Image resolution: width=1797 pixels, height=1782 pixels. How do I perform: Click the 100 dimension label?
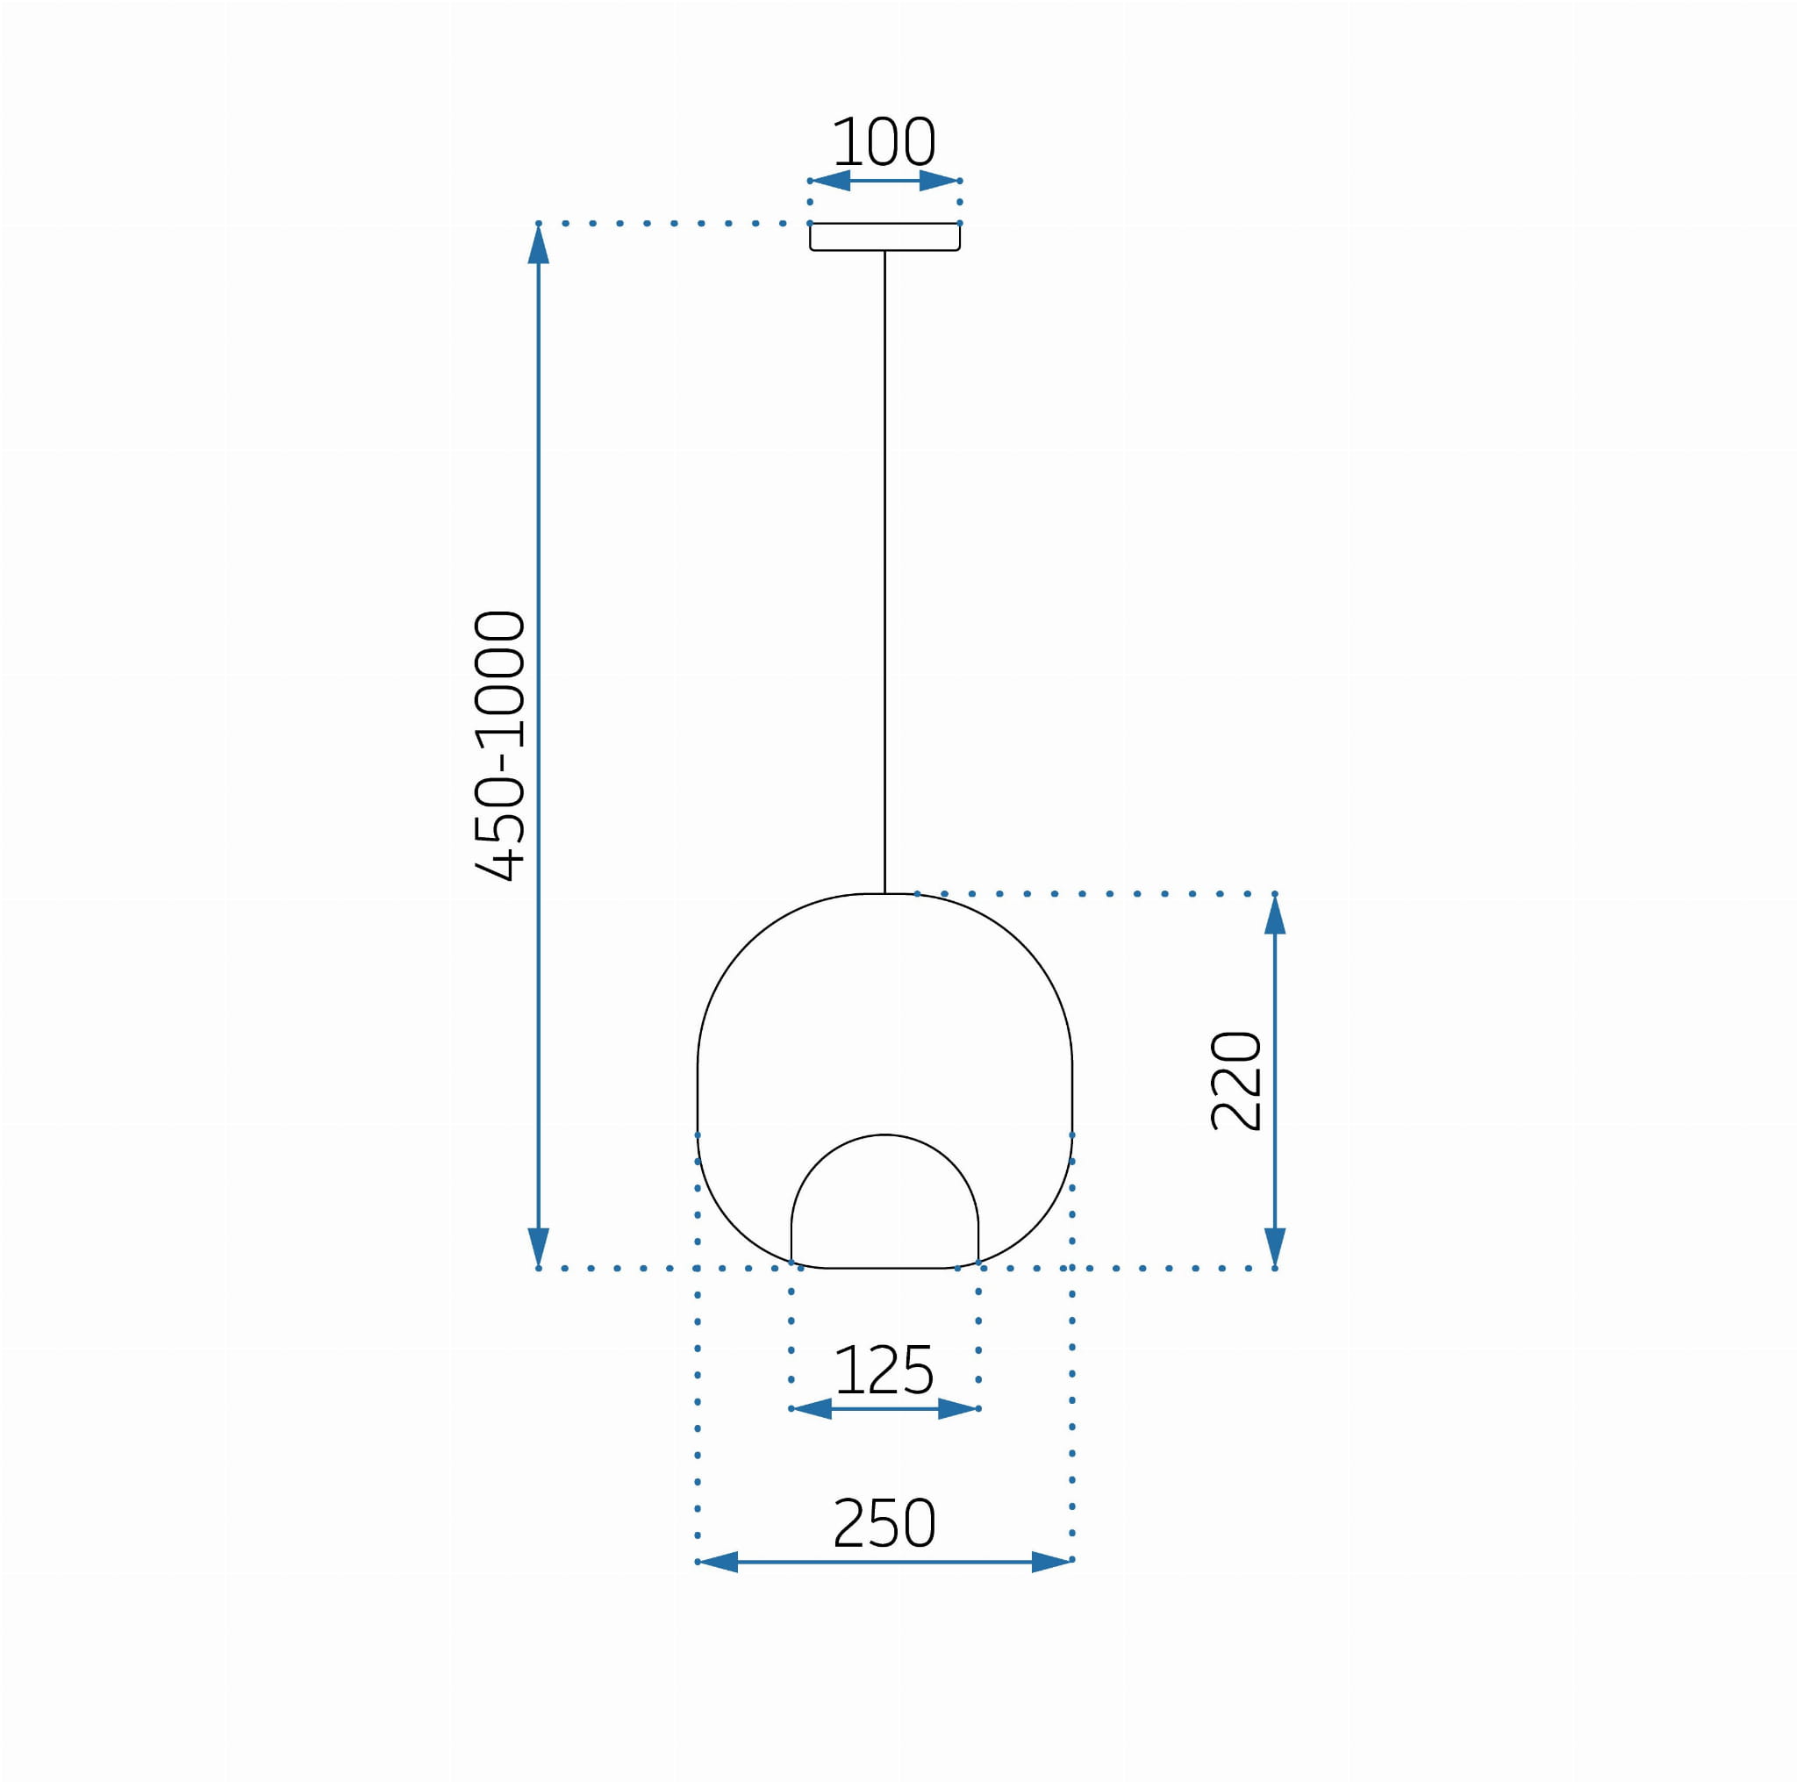point(884,141)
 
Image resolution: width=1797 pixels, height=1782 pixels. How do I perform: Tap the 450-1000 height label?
point(500,745)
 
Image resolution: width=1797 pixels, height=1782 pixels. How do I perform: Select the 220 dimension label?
point(1236,1081)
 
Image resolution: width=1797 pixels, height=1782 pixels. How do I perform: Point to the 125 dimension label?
point(884,1370)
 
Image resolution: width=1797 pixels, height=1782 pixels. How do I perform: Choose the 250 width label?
point(884,1523)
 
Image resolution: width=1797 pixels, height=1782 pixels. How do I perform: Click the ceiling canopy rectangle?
point(884,236)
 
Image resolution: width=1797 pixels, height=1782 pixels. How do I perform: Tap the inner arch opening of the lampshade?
point(884,1135)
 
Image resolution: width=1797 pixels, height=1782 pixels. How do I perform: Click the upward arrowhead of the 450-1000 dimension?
point(539,244)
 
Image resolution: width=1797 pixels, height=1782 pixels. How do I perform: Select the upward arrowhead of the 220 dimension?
point(1275,914)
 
